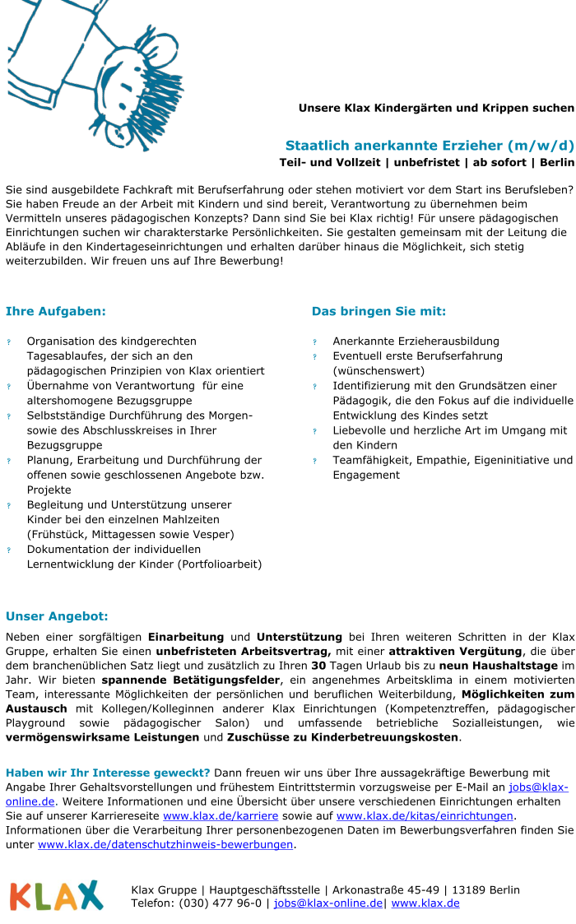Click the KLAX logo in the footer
[x=56, y=895]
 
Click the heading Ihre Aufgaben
[x=56, y=311]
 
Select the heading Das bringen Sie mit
[x=379, y=311]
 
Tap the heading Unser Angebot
[x=57, y=616]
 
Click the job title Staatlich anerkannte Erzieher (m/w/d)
[x=430, y=146]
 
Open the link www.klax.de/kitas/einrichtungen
[x=425, y=815]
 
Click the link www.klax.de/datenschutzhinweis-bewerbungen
[x=165, y=844]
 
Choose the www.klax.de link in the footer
[x=425, y=903]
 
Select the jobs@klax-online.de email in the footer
[x=327, y=903]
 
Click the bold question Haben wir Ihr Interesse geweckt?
[x=109, y=773]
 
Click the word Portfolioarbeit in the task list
[x=221, y=564]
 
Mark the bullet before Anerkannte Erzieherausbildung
[x=314, y=341]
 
